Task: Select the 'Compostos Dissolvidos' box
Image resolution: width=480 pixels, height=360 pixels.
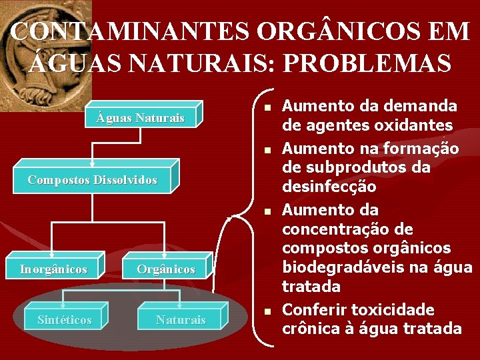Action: [93, 180]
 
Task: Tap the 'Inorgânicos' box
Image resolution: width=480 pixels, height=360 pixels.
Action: [53, 269]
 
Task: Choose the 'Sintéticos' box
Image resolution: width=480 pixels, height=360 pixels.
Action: [64, 320]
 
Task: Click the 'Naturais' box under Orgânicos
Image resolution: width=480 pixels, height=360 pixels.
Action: [181, 320]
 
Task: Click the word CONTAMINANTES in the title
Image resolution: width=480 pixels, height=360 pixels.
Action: [130, 32]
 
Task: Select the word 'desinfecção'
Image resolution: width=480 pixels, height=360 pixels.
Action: [329, 187]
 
